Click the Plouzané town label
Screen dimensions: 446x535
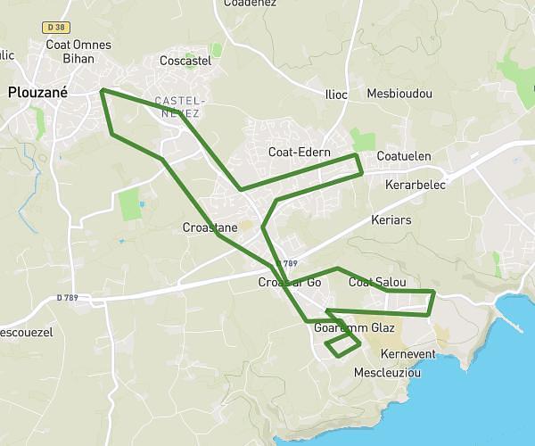(x=32, y=91)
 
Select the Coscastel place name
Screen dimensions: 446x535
(x=185, y=61)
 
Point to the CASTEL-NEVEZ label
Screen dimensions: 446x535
(x=178, y=107)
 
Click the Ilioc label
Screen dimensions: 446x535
(x=336, y=94)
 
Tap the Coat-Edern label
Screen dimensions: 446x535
(x=300, y=153)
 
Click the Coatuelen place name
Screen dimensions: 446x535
(x=404, y=157)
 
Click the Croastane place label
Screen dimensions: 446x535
(x=210, y=227)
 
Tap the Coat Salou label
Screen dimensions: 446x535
(x=377, y=283)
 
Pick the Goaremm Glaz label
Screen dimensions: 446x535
(x=355, y=328)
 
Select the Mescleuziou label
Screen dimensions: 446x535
(x=387, y=372)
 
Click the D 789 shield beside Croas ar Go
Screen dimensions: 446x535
(x=287, y=263)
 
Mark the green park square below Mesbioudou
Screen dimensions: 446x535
(x=363, y=140)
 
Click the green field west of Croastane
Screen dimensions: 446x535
(x=131, y=204)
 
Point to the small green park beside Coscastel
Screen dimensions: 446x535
(x=216, y=50)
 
